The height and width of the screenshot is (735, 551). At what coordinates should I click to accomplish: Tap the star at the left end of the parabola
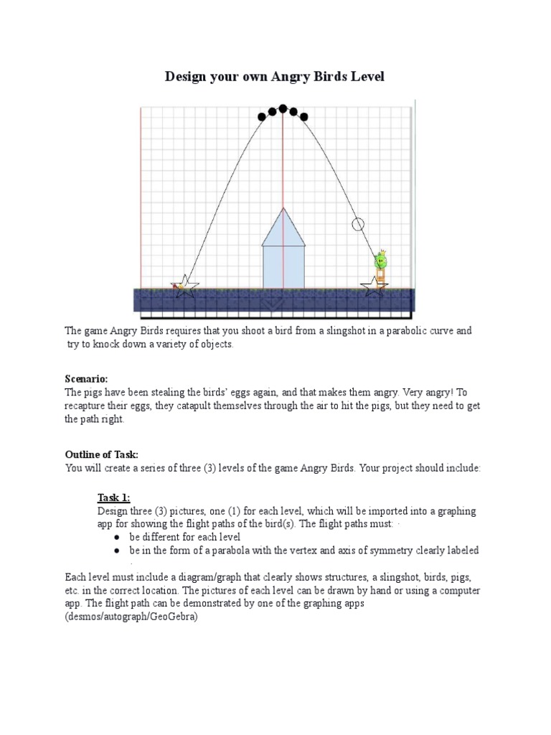click(x=185, y=286)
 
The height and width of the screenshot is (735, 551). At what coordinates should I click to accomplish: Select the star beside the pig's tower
click(x=373, y=286)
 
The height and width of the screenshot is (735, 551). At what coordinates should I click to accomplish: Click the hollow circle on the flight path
click(x=358, y=224)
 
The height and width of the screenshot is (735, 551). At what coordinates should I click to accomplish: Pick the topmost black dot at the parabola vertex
click(x=283, y=108)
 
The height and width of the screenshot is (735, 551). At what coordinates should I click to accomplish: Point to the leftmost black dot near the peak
click(x=261, y=116)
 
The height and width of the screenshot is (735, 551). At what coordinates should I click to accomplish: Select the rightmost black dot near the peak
click(x=304, y=116)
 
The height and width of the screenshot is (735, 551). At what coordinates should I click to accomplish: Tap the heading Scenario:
click(x=87, y=378)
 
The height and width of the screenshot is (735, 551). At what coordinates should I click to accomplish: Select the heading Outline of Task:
click(x=101, y=454)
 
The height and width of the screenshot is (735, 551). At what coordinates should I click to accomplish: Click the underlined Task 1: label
click(x=114, y=498)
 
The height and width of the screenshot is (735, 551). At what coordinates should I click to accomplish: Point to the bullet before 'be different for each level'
click(x=116, y=537)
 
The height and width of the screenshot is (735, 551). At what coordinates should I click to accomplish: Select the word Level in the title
click(x=366, y=76)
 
